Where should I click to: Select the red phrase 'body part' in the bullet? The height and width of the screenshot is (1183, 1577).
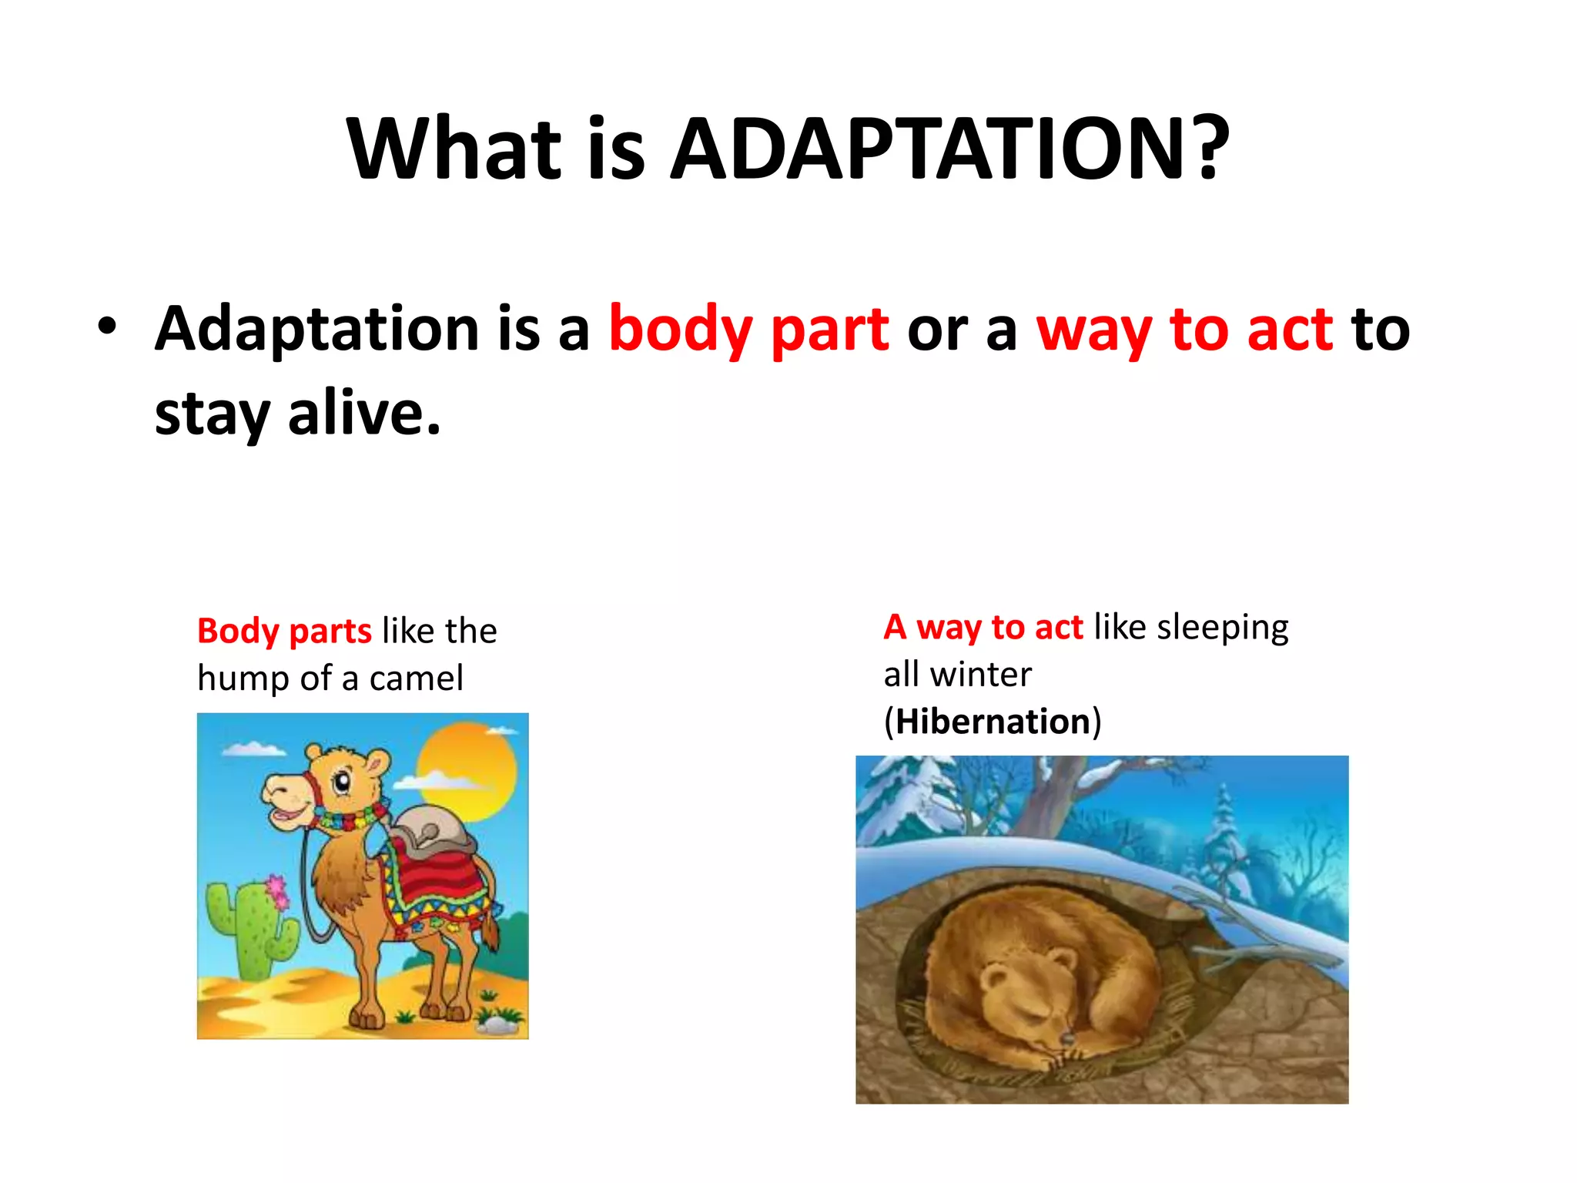(x=748, y=330)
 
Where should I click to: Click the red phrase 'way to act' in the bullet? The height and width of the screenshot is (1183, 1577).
(x=1184, y=330)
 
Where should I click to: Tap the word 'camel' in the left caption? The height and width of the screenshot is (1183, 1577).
(x=416, y=679)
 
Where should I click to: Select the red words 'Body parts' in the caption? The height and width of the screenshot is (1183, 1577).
(x=284, y=631)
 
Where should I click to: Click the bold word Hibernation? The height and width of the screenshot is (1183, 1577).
(x=993, y=722)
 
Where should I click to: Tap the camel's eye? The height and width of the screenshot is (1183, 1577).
(x=341, y=783)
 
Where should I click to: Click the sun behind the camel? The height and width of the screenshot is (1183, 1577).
(x=467, y=762)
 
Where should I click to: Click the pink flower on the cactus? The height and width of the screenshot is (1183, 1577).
(x=276, y=892)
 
